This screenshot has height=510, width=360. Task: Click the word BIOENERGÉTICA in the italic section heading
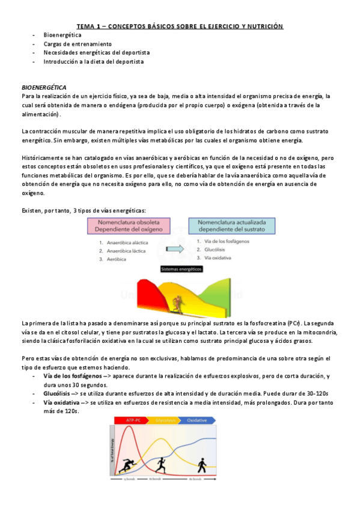pos(44,87)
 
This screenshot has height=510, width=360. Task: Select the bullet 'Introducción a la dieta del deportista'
pos(93,61)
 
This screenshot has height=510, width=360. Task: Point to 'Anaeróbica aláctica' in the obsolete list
pos(127,242)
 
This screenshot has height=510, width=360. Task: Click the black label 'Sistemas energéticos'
pos(178,271)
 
